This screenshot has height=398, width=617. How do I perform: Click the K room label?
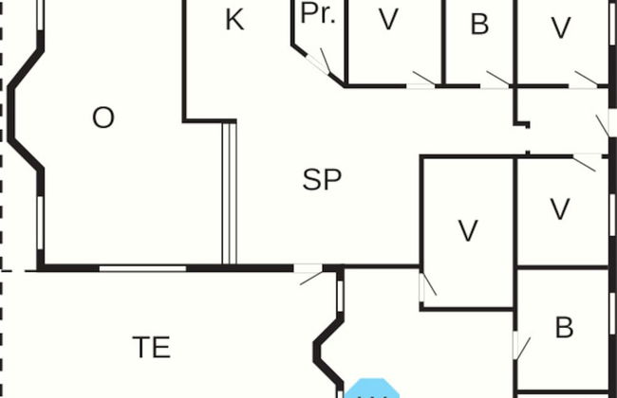234,21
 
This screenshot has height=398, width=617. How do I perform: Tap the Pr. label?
319,13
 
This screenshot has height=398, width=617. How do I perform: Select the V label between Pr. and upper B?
387,21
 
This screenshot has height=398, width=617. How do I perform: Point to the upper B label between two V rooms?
479,25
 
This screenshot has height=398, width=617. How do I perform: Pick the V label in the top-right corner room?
561,28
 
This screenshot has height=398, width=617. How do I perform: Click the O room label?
103,118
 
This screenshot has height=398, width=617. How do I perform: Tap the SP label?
322,179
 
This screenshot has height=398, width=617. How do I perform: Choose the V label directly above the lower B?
560,208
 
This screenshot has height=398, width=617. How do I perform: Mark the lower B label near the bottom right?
564,328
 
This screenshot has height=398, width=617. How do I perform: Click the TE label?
151,348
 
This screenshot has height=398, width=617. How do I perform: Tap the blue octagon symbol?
372,389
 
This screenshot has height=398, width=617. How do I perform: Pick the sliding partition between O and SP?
228,194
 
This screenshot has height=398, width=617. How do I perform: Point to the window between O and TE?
142,268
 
